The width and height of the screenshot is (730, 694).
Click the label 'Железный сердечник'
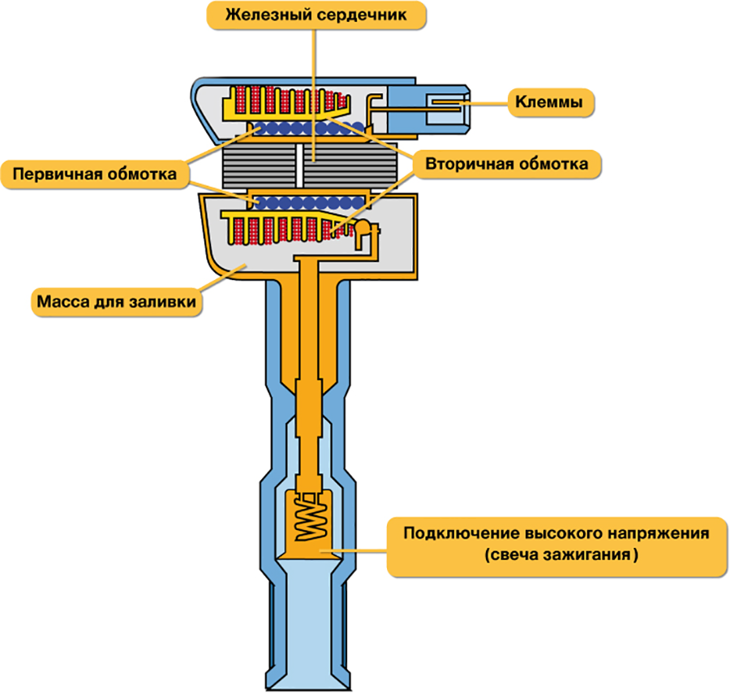(316, 15)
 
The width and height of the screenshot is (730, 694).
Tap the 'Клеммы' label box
(549, 102)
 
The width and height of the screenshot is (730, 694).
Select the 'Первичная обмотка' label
(95, 175)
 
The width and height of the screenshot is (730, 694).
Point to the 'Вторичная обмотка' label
(506, 164)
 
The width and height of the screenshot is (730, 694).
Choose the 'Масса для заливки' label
(116, 302)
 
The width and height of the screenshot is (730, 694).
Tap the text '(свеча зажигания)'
(560, 554)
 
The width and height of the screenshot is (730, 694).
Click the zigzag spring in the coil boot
(311, 515)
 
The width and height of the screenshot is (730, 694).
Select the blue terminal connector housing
(427, 109)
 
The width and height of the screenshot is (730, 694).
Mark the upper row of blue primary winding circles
(307, 127)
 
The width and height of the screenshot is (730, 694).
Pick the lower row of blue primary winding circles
(308, 203)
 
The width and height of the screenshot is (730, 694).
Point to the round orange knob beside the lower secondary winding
(362, 226)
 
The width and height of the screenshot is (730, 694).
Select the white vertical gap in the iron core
(299, 166)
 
